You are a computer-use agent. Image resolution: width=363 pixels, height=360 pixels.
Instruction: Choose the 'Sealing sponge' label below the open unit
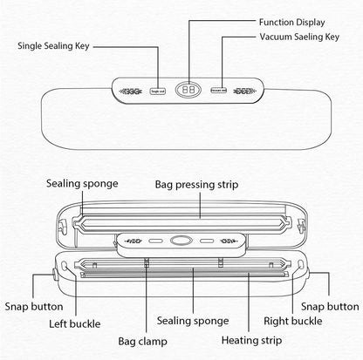(x=193, y=321)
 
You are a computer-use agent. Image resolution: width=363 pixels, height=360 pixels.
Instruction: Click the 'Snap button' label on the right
(x=330, y=307)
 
